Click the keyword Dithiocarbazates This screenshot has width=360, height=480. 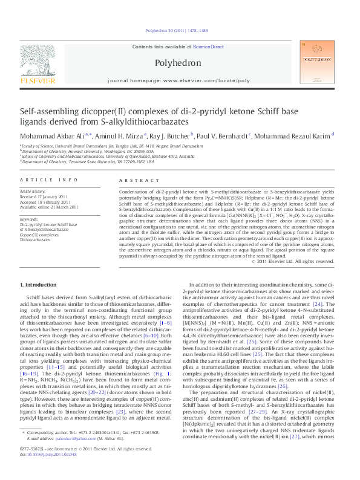[37, 239]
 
